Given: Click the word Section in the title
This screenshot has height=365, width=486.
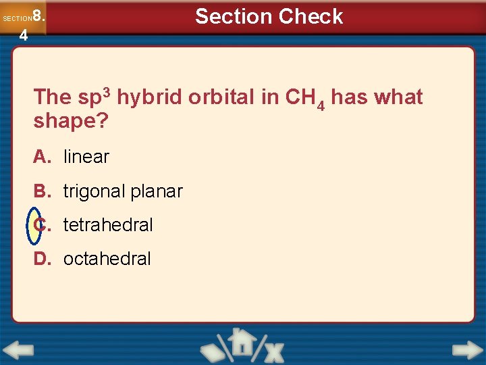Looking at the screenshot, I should (x=233, y=16).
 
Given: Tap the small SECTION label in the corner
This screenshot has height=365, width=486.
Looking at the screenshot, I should (x=17, y=18).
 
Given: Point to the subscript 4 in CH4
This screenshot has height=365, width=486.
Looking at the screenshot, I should (x=321, y=105).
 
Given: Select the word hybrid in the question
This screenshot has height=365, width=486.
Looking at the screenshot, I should (x=149, y=97).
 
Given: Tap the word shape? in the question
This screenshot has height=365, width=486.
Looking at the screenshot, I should (x=71, y=122).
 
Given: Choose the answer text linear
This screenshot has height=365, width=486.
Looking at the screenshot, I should (x=86, y=157).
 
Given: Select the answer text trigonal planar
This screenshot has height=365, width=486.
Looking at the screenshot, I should (x=123, y=191).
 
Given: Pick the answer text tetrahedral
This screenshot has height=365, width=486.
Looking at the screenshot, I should (x=108, y=225).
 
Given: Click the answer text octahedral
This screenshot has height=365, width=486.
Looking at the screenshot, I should (x=107, y=259).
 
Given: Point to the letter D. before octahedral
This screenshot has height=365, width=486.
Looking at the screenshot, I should (x=43, y=259).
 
